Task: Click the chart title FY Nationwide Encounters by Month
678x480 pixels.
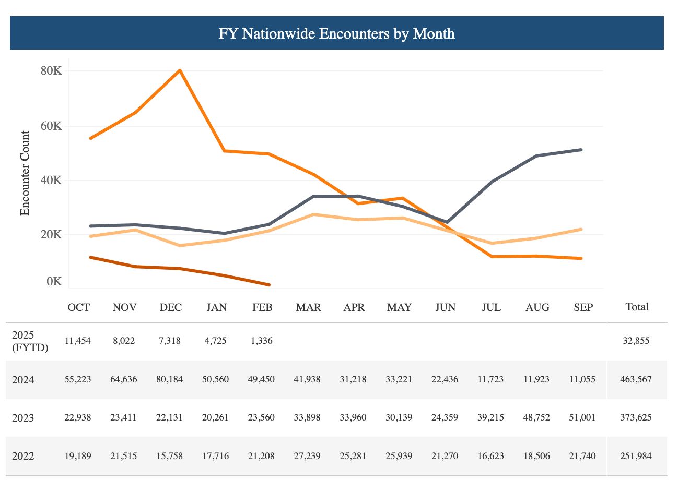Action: pos(336,33)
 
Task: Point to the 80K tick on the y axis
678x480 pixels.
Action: pos(51,71)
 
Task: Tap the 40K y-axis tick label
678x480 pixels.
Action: pos(51,181)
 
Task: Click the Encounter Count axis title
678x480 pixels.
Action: pos(25,173)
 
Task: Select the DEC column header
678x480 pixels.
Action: pos(171,307)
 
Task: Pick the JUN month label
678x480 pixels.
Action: pos(445,307)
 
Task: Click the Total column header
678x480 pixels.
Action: pos(637,307)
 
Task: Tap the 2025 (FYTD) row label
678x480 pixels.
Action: pos(30,341)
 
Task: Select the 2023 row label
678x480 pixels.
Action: pos(23,418)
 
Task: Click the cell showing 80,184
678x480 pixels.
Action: pos(171,379)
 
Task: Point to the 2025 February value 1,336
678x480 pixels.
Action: pos(262,341)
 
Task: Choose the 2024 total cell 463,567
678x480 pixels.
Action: pos(637,379)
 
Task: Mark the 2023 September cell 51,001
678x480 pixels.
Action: pos(583,417)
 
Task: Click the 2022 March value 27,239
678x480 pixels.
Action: pos(308,456)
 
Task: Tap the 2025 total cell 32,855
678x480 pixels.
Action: pos(637,341)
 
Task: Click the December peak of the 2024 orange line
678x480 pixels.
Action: pos(180,70)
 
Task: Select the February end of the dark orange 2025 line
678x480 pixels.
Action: pos(268,285)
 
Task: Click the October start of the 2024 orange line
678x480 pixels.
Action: pos(90,138)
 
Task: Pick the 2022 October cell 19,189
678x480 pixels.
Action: pos(78,456)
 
